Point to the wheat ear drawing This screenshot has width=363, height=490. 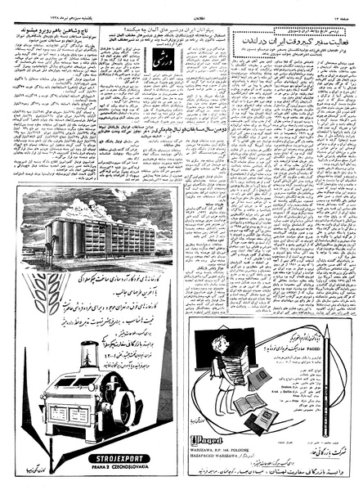point(30,278)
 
